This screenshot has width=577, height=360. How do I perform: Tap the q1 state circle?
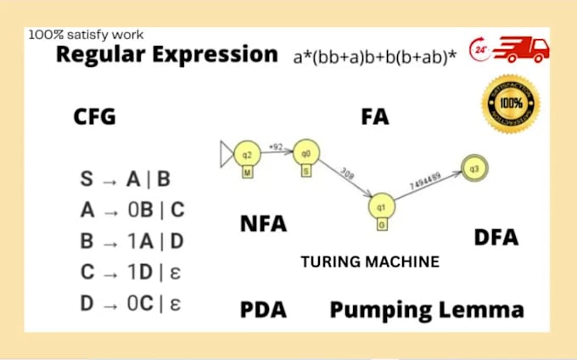click(x=382, y=206)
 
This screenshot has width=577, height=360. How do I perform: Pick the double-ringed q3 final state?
click(x=474, y=167)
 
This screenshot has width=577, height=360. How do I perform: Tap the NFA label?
click(x=263, y=225)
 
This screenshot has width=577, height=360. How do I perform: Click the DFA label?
click(x=496, y=237)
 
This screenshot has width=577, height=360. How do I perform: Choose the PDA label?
click(x=263, y=310)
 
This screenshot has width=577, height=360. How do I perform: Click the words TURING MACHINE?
click(x=370, y=262)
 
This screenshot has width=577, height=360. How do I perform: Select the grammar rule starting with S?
click(x=125, y=179)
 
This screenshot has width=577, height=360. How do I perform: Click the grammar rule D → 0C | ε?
click(x=132, y=302)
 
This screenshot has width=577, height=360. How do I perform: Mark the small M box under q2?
click(x=248, y=173)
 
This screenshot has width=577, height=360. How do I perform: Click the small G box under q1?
click(x=382, y=225)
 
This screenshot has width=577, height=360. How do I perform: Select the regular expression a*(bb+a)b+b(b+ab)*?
click(x=375, y=57)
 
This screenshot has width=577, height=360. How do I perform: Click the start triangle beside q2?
click(x=226, y=155)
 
